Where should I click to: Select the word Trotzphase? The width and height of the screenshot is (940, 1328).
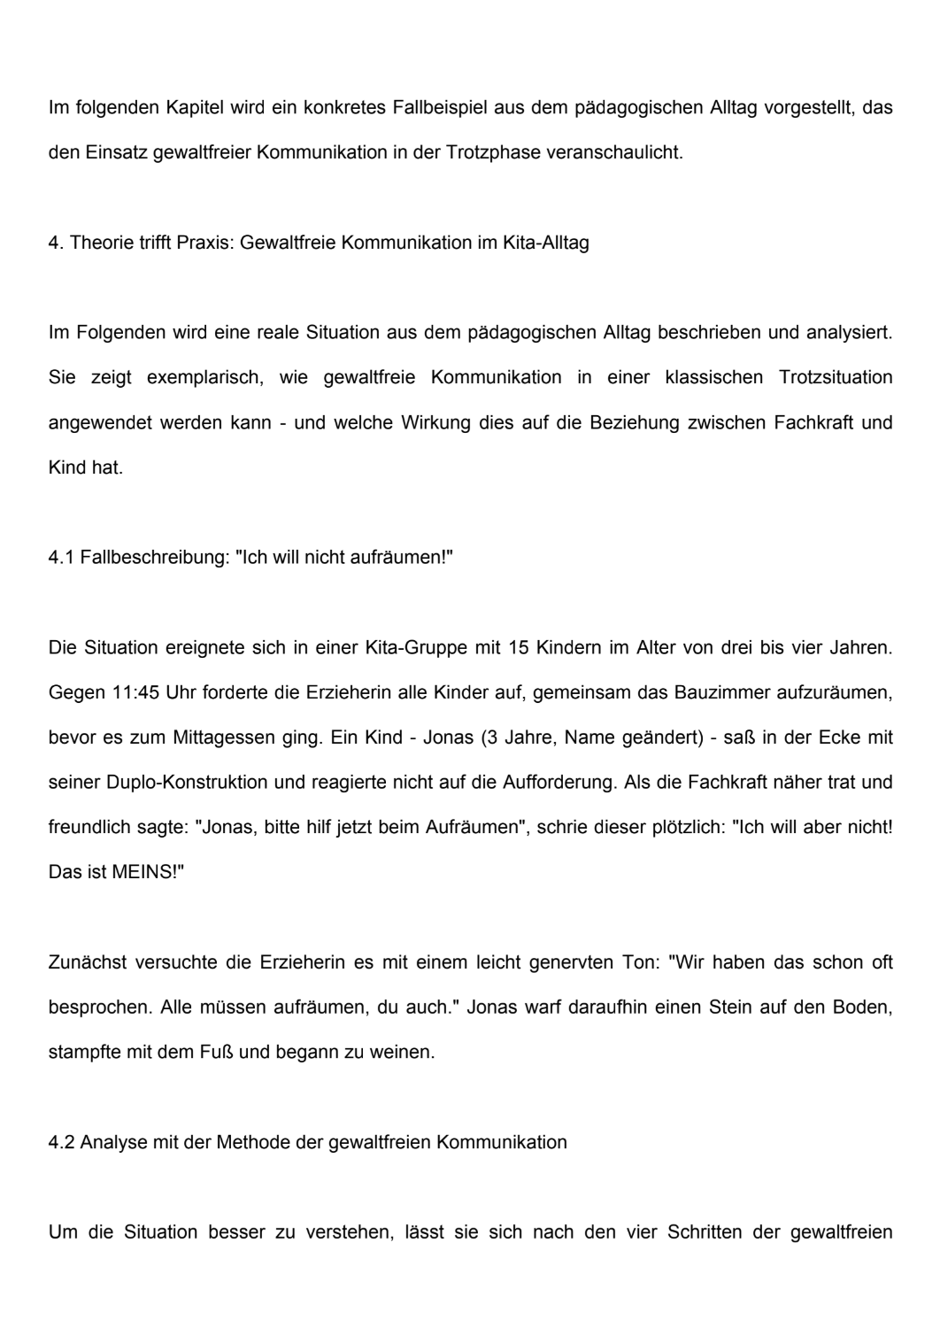pyautogui.click(x=491, y=152)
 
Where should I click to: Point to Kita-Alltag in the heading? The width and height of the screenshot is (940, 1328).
pyautogui.click(x=545, y=243)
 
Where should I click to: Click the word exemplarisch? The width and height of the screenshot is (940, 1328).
pyautogui.click(x=204, y=377)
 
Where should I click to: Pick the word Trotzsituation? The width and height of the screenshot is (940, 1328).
pyautogui.click(x=836, y=377)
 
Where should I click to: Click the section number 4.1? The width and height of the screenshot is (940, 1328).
pyautogui.click(x=61, y=558)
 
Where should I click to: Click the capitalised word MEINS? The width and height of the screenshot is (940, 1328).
pyautogui.click(x=144, y=872)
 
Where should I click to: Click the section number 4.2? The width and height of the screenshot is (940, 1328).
pyautogui.click(x=61, y=1142)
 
